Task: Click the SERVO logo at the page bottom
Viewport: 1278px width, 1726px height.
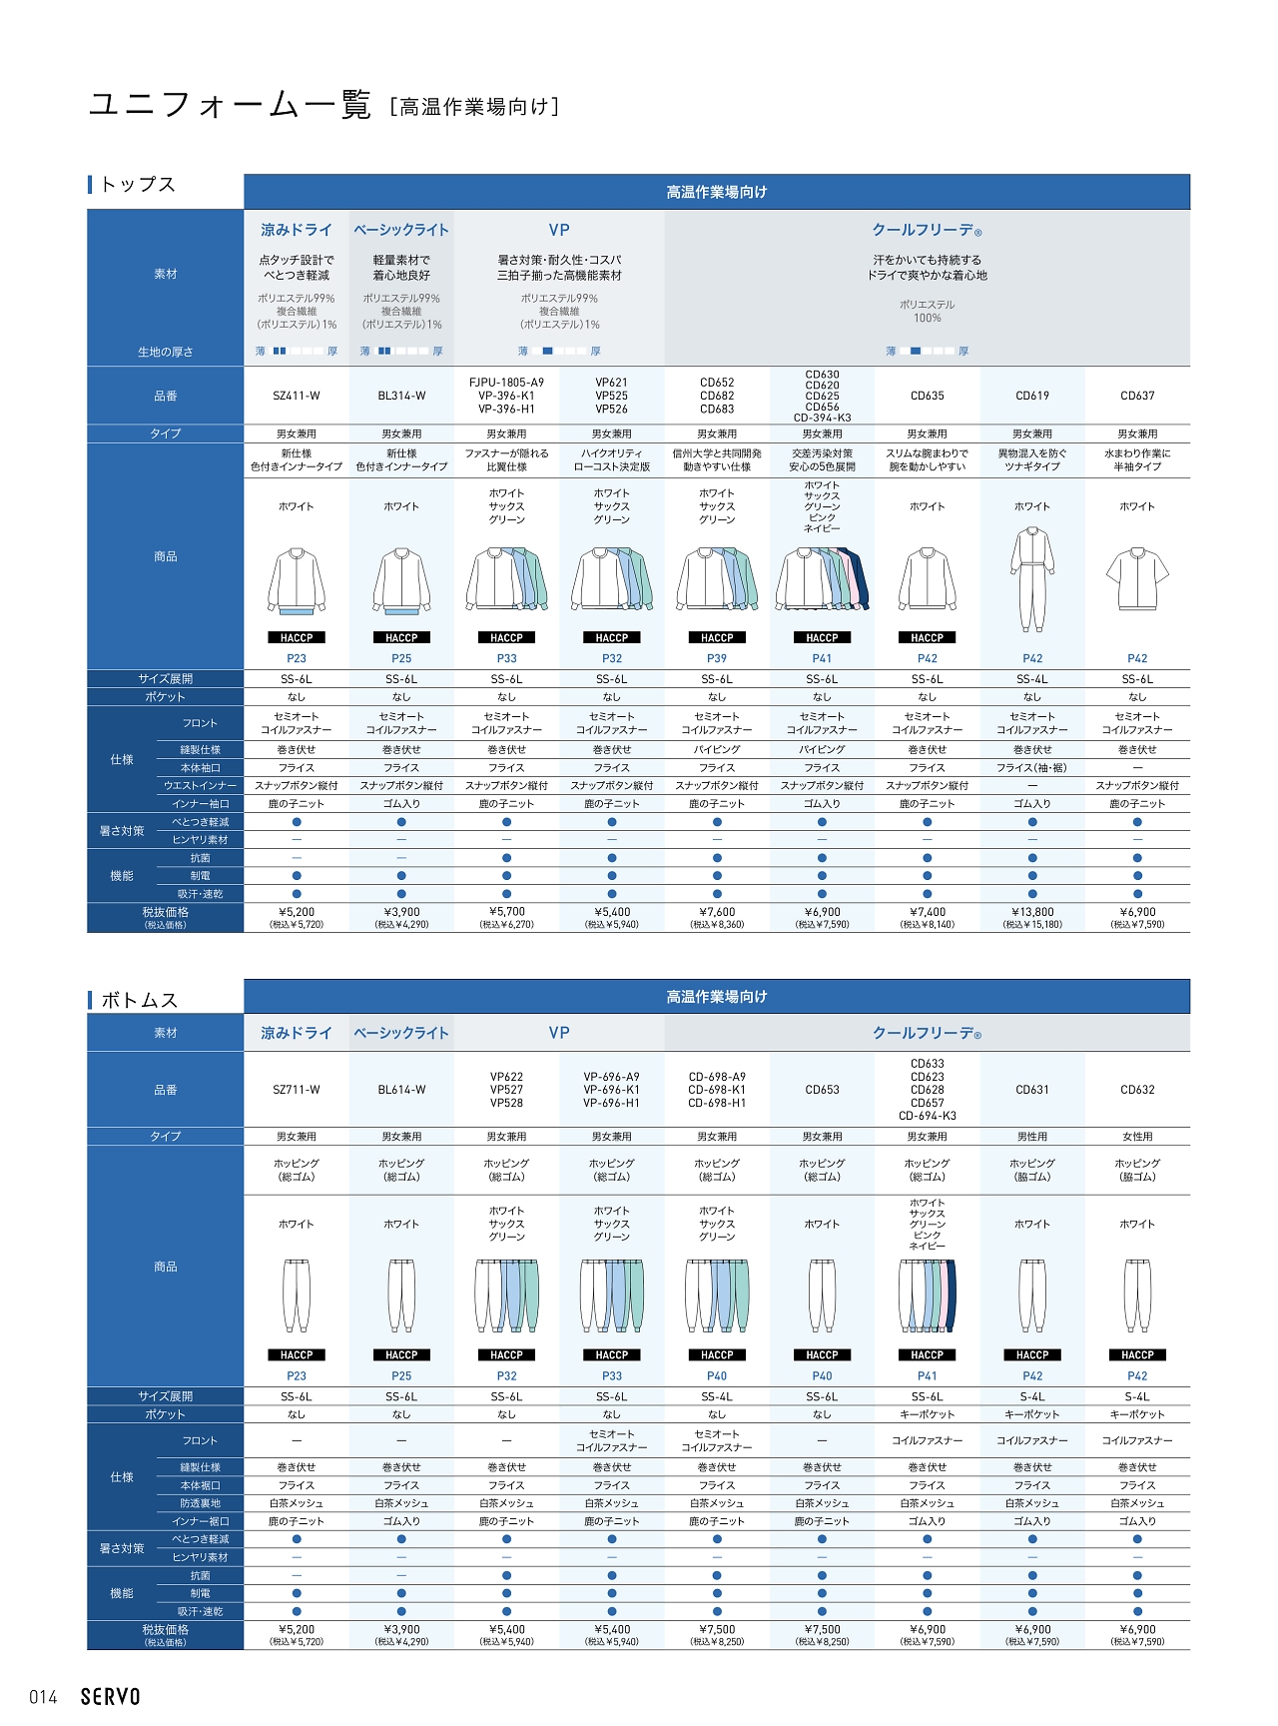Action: pos(110,1696)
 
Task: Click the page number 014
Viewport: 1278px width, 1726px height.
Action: pos(43,1697)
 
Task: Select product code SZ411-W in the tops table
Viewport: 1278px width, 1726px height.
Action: pos(297,396)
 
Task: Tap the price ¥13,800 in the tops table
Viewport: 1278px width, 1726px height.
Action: pos(1032,912)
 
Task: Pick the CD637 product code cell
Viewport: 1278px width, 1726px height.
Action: pos(1137,396)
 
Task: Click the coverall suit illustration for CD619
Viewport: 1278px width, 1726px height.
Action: pos(1032,579)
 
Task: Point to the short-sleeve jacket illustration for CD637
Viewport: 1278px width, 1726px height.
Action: pos(1137,579)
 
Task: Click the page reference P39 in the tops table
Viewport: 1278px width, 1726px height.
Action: pos(717,658)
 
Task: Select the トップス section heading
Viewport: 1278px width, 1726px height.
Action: pos(138,184)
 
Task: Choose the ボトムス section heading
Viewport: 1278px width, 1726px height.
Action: pos(139,1000)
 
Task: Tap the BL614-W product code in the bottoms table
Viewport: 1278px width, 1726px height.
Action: pos(401,1090)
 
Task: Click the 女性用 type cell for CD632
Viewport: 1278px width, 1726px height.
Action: pos(1137,1137)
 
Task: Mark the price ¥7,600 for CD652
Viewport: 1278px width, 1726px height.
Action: pos(717,912)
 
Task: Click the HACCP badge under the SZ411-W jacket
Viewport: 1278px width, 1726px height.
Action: pos(297,637)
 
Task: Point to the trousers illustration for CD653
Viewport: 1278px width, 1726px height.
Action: pos(822,1295)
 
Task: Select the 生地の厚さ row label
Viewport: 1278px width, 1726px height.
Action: pos(166,352)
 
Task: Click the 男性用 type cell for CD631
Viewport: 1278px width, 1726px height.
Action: pos(1032,1137)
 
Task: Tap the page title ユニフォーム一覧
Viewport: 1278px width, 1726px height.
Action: pos(230,105)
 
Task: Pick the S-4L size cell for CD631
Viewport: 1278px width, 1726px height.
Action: pos(1032,1396)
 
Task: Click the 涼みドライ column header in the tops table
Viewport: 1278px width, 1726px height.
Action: pos(297,230)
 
